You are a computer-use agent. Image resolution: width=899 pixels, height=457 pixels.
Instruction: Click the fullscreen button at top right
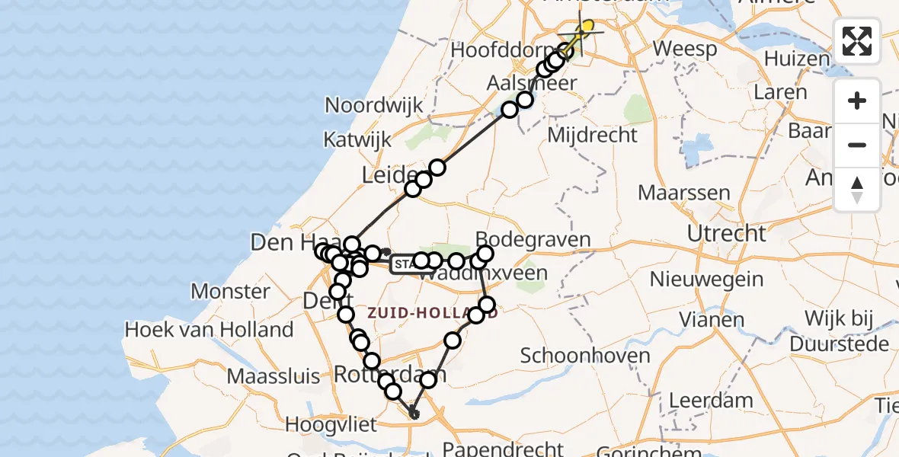857,41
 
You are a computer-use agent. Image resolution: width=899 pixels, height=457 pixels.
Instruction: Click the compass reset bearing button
857,190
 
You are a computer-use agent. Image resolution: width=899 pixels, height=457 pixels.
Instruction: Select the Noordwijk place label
373,105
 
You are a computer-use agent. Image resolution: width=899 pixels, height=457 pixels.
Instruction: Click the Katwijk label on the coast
357,140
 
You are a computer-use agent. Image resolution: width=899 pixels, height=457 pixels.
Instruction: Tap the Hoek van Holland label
209,330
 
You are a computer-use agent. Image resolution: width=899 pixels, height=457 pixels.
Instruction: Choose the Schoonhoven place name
585,355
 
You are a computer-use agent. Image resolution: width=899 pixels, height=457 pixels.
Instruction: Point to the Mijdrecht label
593,136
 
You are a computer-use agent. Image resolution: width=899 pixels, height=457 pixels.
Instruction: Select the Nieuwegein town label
706,279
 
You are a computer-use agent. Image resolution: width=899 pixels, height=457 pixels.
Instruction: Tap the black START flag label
404,265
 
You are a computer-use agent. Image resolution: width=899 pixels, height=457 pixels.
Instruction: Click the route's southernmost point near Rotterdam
414,414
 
